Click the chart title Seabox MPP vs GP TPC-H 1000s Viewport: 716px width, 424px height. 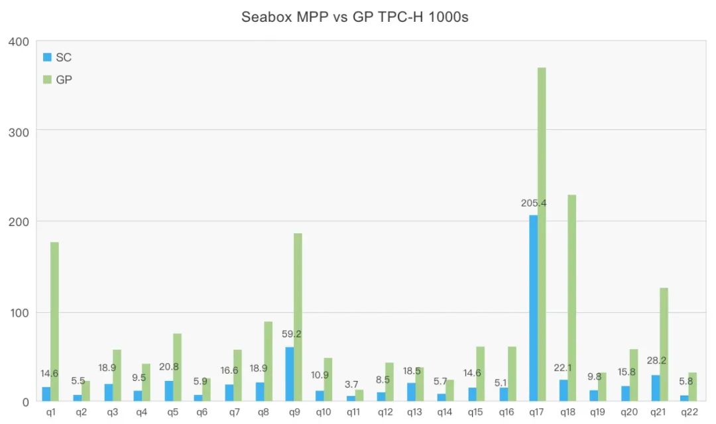point(355,17)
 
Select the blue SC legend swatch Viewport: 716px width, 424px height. point(47,58)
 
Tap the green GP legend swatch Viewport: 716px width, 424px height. point(47,79)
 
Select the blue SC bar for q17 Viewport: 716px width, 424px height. point(533,308)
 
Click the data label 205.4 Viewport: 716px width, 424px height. point(534,203)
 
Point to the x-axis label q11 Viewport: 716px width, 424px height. point(355,412)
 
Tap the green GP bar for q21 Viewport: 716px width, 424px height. point(664,344)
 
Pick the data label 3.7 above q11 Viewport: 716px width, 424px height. point(351,384)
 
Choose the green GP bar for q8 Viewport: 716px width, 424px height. point(268,361)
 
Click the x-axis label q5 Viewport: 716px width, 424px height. point(172,412)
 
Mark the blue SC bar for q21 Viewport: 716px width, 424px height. point(656,388)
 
